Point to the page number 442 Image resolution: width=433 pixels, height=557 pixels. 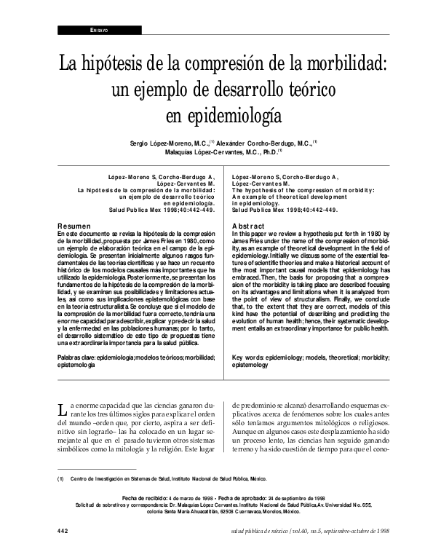(x=63, y=532)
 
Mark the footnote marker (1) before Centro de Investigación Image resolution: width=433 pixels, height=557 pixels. (x=62, y=479)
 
